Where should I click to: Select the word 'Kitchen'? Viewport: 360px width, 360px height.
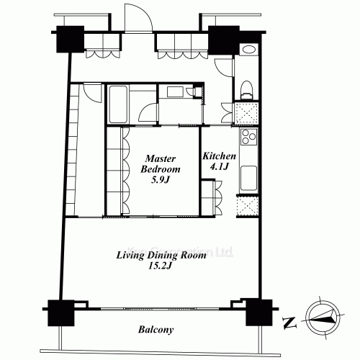pyautogui.click(x=217, y=156)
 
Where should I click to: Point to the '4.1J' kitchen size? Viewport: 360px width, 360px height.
pyautogui.click(x=216, y=167)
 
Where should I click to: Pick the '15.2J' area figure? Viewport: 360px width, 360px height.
pyautogui.click(x=161, y=266)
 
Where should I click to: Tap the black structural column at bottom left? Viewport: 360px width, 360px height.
pyautogui.click(x=60, y=313)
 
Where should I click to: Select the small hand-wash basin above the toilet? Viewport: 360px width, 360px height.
pyautogui.click(x=248, y=50)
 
